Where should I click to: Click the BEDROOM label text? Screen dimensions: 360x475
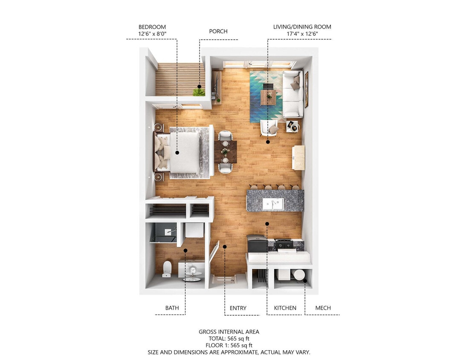152,27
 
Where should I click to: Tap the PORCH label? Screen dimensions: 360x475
218,31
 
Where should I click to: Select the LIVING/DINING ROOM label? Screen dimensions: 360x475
302,27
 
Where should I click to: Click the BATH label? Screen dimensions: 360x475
172,308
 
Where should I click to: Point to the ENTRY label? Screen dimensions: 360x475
238,308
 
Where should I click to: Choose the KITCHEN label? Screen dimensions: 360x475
285,308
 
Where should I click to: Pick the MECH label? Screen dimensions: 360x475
323,308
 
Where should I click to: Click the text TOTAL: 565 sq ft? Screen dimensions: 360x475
229,339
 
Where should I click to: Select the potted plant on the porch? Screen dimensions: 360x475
198,91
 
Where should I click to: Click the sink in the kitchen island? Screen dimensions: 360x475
273,204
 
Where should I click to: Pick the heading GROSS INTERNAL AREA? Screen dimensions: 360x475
229,331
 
